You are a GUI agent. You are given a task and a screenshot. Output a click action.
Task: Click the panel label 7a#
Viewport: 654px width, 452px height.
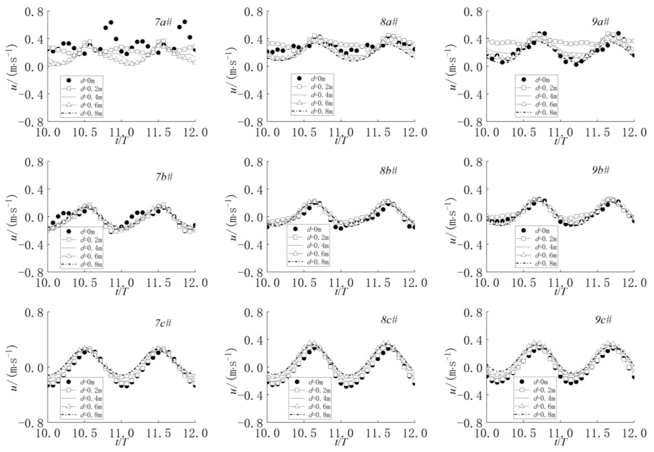coord(163,22)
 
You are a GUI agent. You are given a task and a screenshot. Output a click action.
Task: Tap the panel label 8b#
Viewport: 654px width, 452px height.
coord(389,171)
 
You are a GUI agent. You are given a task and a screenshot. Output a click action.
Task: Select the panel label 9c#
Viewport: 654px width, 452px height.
coord(603,320)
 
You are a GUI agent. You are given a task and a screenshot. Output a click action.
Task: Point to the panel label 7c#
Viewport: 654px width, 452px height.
coord(163,323)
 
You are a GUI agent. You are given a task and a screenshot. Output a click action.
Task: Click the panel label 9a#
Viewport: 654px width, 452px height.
coord(600,22)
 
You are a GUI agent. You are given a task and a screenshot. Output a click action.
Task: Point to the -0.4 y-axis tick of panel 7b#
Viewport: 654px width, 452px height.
coord(31,245)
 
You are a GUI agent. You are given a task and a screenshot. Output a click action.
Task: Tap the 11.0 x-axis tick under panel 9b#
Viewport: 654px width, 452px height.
coord(560,283)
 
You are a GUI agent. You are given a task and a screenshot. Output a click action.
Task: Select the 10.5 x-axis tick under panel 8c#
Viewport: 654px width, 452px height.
coord(304,433)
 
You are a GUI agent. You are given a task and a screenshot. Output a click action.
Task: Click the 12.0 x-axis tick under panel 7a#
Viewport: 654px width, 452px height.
coord(195,132)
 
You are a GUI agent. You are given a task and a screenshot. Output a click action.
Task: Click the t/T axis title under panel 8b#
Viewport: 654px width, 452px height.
coord(341,291)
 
